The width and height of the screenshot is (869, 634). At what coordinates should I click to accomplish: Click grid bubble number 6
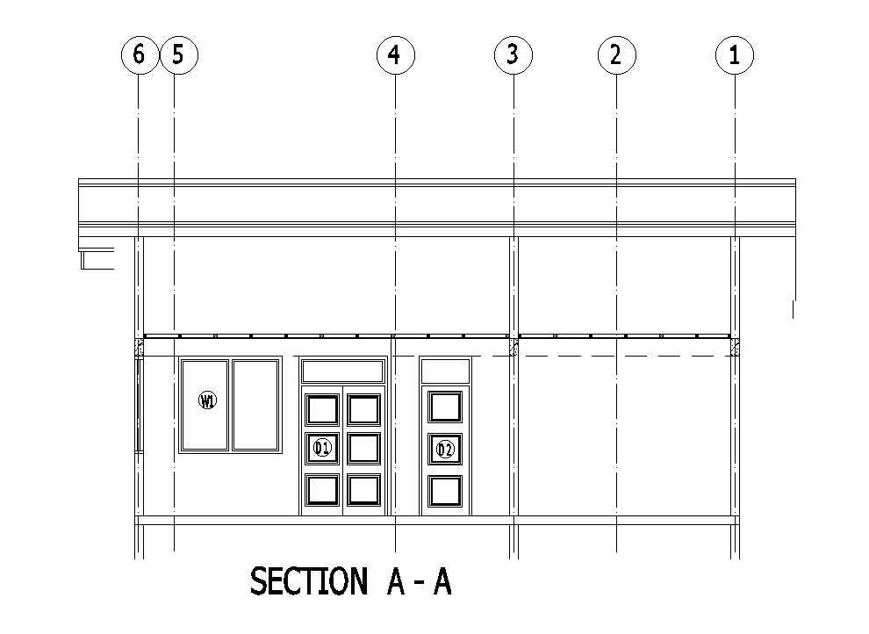point(138,55)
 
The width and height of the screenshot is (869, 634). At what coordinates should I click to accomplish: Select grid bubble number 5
point(179,55)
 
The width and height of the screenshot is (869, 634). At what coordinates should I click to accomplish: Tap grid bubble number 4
point(395,55)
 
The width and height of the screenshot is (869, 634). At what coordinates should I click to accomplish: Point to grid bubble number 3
point(513,55)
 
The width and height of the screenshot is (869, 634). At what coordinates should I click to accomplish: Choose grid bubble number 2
point(615,55)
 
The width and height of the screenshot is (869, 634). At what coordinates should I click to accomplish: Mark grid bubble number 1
point(735,55)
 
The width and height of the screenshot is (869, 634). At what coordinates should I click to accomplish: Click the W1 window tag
point(208,401)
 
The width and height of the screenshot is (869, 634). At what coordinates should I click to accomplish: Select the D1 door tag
point(322,449)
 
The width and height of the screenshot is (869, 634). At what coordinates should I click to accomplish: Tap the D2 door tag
point(445,450)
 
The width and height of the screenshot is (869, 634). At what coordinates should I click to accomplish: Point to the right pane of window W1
point(255,404)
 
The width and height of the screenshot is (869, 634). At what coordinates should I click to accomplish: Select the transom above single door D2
point(445,371)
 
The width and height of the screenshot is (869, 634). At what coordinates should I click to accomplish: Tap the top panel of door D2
point(445,407)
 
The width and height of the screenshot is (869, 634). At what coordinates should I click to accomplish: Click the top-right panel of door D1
point(363,409)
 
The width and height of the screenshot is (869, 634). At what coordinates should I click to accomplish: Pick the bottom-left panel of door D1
point(322,490)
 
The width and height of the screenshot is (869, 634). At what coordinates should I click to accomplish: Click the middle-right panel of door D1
point(363,449)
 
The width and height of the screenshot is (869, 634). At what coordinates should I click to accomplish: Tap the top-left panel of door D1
point(322,409)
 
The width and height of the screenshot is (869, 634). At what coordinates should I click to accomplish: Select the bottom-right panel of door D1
point(363,490)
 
